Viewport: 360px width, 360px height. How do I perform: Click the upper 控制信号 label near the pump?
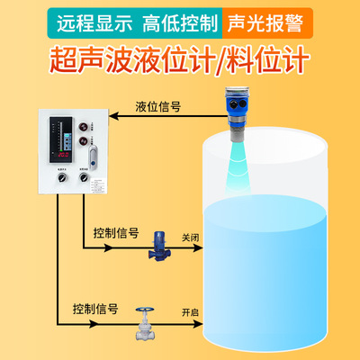click(116, 232)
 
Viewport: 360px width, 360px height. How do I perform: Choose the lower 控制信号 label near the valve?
click(95, 309)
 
